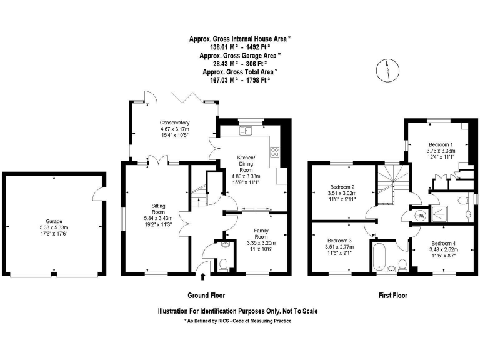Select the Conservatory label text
(174, 122)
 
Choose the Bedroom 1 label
(441, 144)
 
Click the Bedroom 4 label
(442, 243)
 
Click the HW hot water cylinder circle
(421, 215)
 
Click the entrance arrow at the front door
(202, 269)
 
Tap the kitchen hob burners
(275, 151)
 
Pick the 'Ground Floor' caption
(206, 295)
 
